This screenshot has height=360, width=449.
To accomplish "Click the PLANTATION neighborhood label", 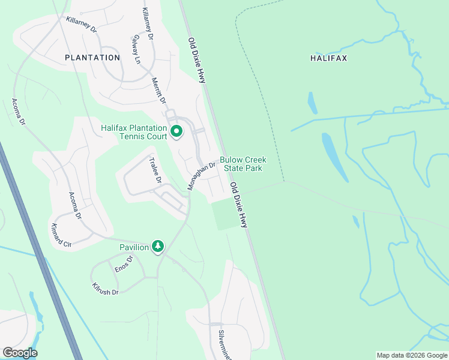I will pyautogui.click(x=92, y=58).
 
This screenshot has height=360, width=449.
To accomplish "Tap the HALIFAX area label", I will pyautogui.click(x=329, y=58).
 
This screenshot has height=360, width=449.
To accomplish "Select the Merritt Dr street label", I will pyautogui.click(x=158, y=90).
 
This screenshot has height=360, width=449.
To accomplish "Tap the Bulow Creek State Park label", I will pyautogui.click(x=243, y=164).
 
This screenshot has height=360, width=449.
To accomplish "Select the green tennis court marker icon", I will pyautogui.click(x=176, y=131).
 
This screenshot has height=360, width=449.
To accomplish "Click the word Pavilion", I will pyautogui.click(x=134, y=247).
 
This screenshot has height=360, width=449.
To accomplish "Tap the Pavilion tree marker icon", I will pyautogui.click(x=158, y=247).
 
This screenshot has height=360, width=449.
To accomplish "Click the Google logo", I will pyautogui.click(x=20, y=353).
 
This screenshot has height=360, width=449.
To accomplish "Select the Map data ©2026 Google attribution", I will pyautogui.click(x=412, y=355).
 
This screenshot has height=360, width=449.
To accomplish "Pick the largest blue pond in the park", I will pyautogui.click(x=334, y=156).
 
